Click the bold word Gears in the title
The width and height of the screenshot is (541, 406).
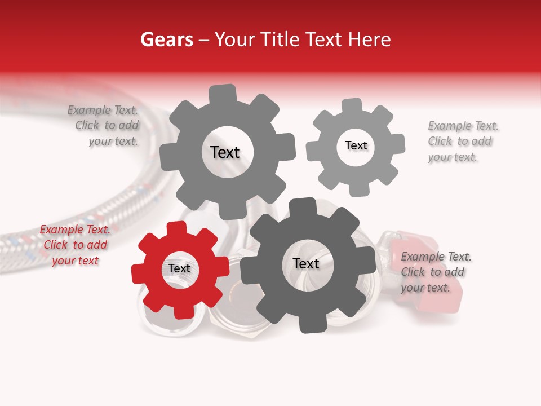click(166, 39)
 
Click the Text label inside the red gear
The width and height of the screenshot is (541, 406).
click(179, 269)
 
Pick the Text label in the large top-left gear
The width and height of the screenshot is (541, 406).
click(225, 152)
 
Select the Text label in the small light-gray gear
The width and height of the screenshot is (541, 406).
click(356, 145)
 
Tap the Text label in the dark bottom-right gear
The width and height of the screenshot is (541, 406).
click(305, 264)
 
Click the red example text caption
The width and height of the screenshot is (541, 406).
click(75, 245)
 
